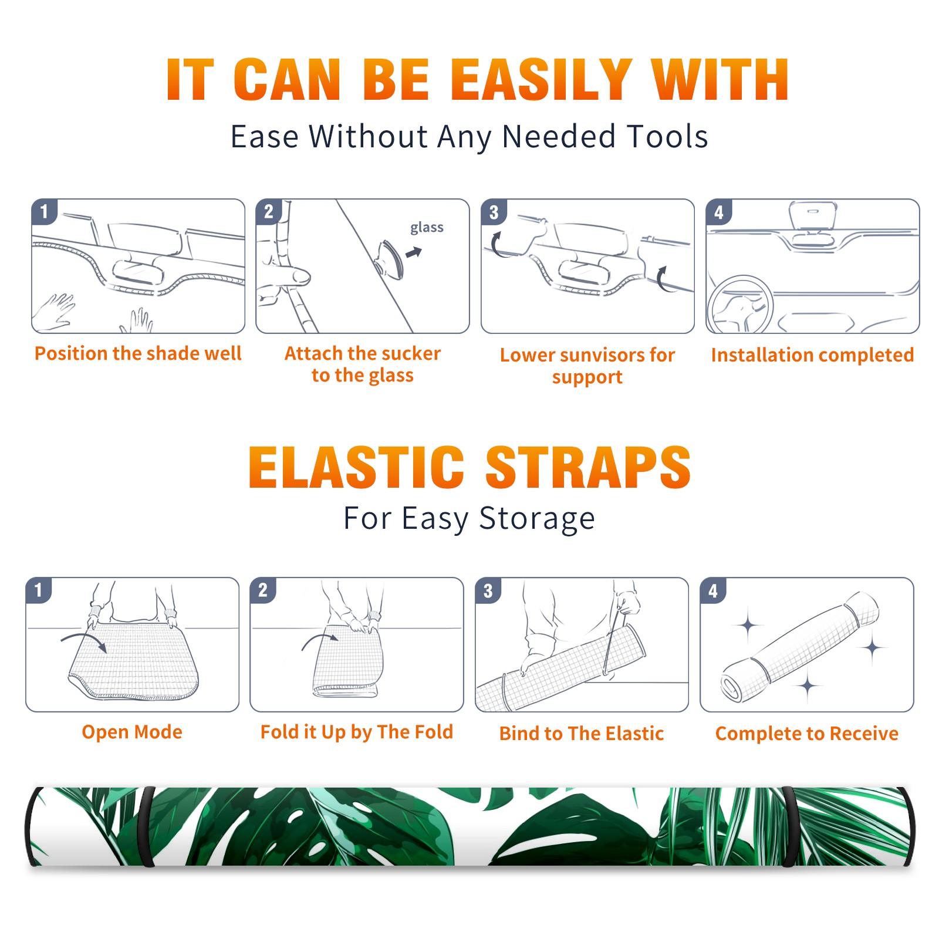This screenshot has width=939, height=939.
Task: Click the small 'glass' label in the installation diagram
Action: coord(427,228)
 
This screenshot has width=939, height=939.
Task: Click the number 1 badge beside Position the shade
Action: coord(45,211)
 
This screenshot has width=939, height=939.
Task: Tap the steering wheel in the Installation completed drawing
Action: coord(740,305)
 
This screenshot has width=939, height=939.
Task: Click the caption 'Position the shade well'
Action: coord(138,353)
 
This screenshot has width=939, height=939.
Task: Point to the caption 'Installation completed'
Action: coord(812,355)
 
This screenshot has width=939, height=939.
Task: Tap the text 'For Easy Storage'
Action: coord(469,519)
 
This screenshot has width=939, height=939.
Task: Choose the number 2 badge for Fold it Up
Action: coord(263,589)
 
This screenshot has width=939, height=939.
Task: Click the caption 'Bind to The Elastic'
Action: coord(582,734)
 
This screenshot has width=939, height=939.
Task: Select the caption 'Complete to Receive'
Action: coord(807,734)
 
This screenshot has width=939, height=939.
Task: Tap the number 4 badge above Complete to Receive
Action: coord(713,590)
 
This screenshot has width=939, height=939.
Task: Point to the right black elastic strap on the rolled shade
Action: coord(788,826)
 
